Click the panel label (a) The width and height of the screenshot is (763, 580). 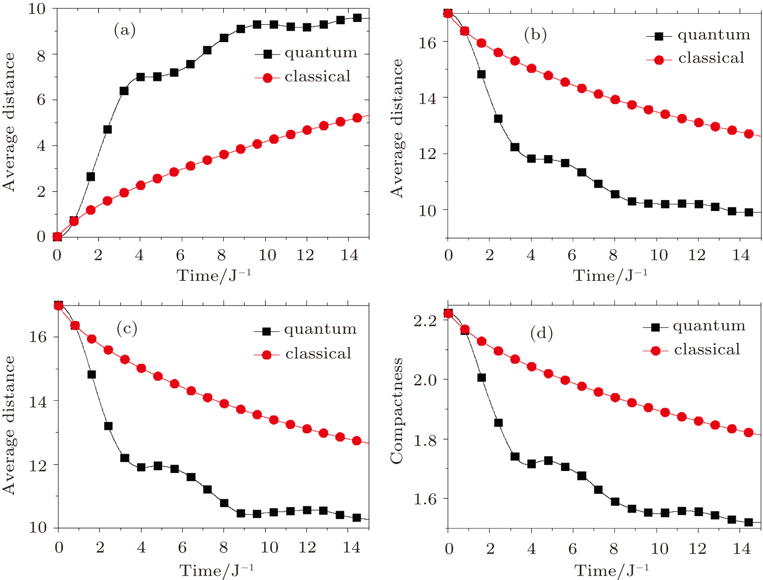pyautogui.click(x=124, y=31)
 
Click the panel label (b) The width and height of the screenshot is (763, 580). pyautogui.click(x=535, y=35)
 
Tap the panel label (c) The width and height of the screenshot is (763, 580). pyautogui.click(x=127, y=328)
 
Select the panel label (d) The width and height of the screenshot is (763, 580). pyautogui.click(x=541, y=333)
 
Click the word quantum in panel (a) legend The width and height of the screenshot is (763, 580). pyautogui.click(x=321, y=53)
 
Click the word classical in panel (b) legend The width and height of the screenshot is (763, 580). pyautogui.click(x=711, y=58)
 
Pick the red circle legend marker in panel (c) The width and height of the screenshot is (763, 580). pyautogui.click(x=267, y=355)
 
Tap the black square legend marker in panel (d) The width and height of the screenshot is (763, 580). pyautogui.click(x=656, y=327)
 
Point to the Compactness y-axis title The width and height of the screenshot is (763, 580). pyautogui.click(x=397, y=411)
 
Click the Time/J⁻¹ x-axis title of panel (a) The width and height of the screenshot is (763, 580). pyautogui.click(x=213, y=275)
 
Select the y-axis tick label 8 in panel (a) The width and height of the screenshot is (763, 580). pyautogui.click(x=41, y=55)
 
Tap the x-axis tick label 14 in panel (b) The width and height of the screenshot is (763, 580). pyautogui.click(x=741, y=255)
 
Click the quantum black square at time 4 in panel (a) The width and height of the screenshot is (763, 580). pyautogui.click(x=141, y=77)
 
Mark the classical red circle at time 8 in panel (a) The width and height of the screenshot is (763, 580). pyautogui.click(x=224, y=155)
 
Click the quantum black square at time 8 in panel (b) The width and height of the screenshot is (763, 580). pyautogui.click(x=615, y=194)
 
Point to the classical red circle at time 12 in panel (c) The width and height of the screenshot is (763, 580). pyautogui.click(x=307, y=428)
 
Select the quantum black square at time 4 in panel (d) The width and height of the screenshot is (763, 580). pyautogui.click(x=531, y=464)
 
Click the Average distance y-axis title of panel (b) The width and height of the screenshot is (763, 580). pyautogui.click(x=397, y=128)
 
